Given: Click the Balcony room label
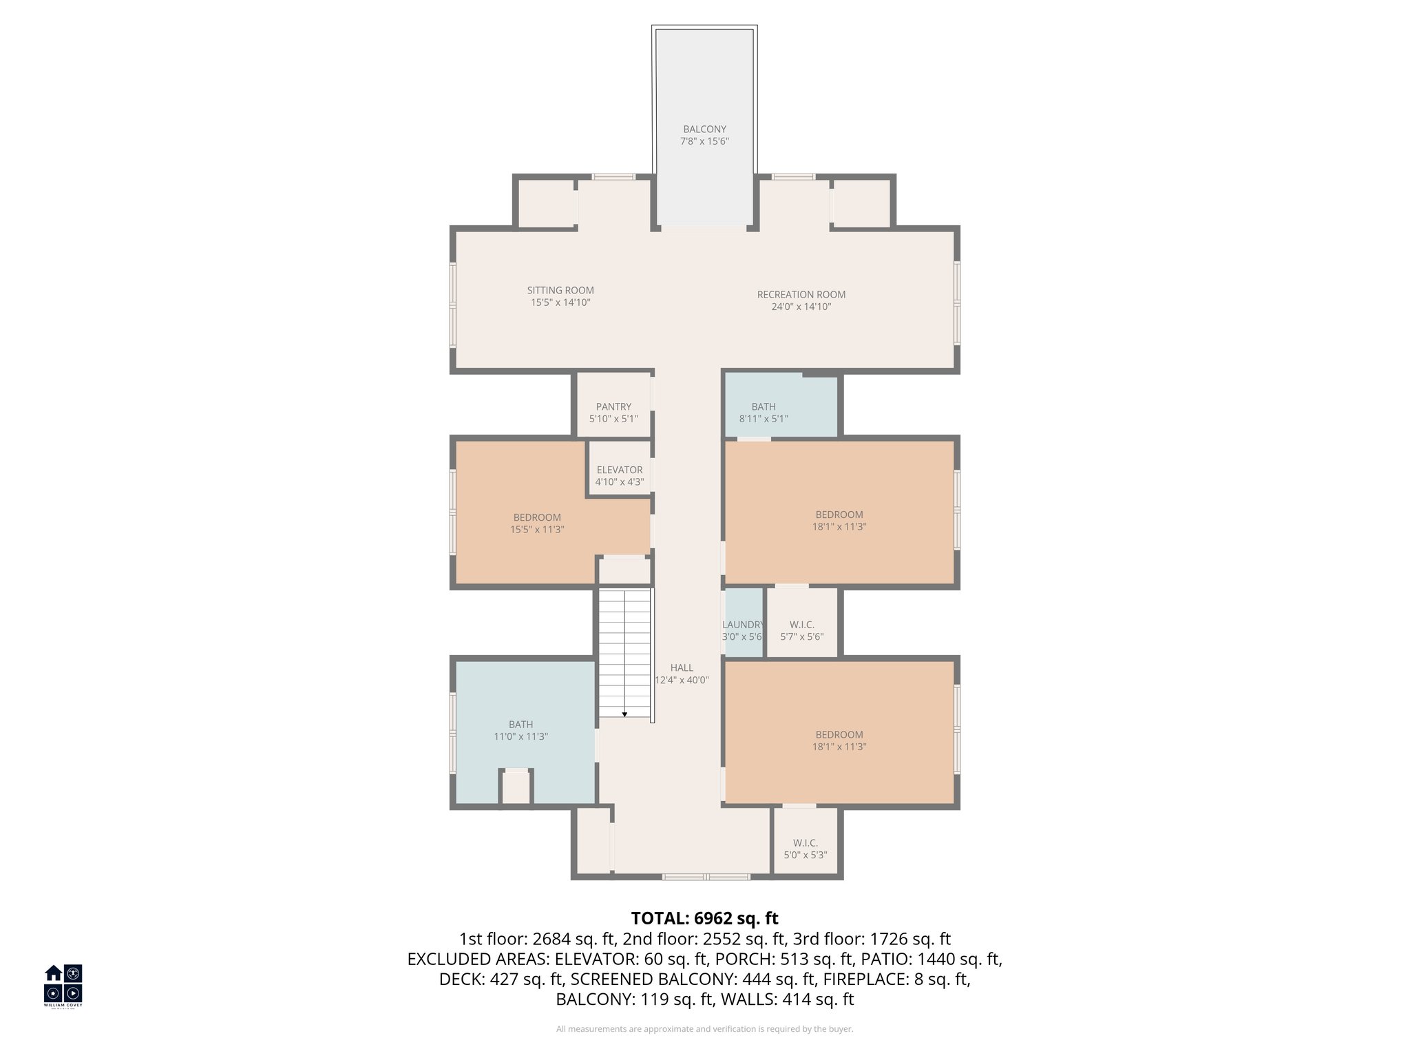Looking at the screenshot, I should click(704, 129).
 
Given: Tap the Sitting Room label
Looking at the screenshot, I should click(560, 291).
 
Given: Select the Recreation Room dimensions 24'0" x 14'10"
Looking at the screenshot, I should click(801, 307).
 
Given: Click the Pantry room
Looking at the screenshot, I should click(613, 412).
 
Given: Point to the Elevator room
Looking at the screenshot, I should click(620, 475).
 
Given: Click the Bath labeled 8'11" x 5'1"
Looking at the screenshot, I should click(764, 412).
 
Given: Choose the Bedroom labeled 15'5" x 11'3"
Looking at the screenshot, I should click(537, 523).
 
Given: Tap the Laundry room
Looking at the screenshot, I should click(744, 630).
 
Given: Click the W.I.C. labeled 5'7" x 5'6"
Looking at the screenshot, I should click(801, 630).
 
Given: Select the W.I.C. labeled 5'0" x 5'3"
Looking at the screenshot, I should click(805, 849).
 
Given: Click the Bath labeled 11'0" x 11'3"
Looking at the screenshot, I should click(520, 729).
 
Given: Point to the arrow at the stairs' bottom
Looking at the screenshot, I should click(624, 714).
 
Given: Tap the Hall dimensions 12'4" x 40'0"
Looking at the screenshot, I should click(682, 680).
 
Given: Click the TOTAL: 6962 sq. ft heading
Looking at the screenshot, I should click(704, 918).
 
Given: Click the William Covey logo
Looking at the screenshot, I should click(63, 986).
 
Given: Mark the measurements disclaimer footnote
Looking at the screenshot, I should click(704, 1029).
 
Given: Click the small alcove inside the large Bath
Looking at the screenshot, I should click(516, 787).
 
